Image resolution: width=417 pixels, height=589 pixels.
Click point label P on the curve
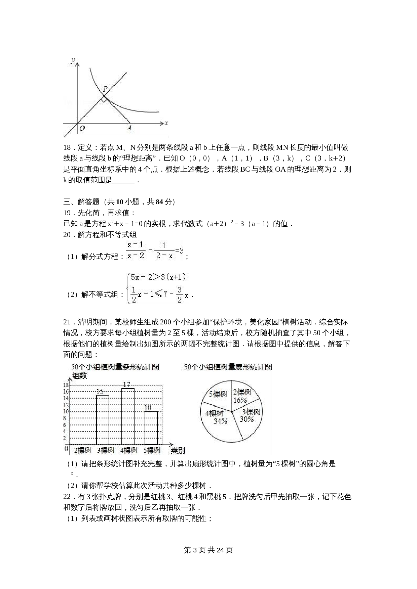105,89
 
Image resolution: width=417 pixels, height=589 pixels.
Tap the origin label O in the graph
82,128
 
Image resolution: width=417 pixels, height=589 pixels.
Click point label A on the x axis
129,128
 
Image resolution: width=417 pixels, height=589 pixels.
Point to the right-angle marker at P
104,99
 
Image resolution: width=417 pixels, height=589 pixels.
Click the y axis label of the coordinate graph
73,60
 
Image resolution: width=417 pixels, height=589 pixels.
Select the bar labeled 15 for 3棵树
103,420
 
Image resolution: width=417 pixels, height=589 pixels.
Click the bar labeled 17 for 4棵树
128,416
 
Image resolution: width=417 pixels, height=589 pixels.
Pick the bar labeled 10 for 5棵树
151,428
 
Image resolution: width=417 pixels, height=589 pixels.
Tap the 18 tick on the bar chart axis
66,385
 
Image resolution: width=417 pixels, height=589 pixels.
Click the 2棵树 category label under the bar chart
82,450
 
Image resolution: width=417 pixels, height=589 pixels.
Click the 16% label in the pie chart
240,400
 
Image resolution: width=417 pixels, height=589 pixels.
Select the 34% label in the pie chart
220,421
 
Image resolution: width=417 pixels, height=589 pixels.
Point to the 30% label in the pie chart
247,419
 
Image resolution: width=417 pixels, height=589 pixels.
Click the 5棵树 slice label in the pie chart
218,394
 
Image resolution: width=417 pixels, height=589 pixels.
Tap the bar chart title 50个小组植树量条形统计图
115,367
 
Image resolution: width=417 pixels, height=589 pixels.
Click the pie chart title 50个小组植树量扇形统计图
228,367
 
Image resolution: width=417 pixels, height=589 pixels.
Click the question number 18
67,147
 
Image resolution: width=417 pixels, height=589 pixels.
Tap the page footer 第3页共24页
208,550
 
